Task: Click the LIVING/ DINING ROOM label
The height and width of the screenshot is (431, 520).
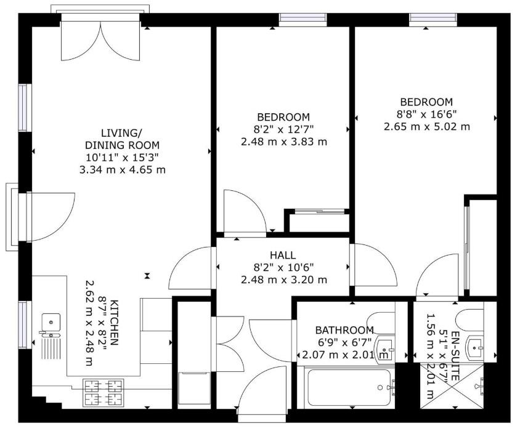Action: pyautogui.click(x=122, y=139)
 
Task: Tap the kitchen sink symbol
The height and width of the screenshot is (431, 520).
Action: pyautogui.click(x=51, y=322)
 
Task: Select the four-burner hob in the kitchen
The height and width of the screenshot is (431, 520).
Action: pyautogui.click(x=103, y=393)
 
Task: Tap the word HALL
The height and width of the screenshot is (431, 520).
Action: pyautogui.click(x=283, y=255)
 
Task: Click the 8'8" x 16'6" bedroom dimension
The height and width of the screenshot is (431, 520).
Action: pyautogui.click(x=427, y=115)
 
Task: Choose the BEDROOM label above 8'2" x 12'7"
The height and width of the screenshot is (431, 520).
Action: pyautogui.click(x=283, y=117)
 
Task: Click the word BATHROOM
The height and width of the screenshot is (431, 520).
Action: pyautogui.click(x=344, y=330)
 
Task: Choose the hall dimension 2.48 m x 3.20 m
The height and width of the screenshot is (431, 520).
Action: pyautogui.click(x=283, y=280)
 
